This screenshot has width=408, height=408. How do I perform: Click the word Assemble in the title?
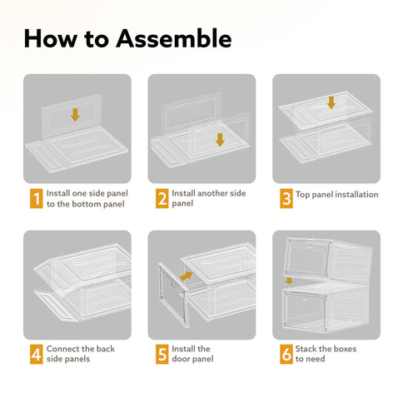pos(174,38)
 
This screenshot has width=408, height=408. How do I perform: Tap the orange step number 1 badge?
pos(37,198)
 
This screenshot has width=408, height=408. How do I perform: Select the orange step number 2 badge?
pos(162,198)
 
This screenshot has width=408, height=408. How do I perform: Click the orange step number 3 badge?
pos(286,198)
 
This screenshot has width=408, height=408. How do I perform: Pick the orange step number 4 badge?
pos(37,354)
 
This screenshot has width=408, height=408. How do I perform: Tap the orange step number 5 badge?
pos(162,354)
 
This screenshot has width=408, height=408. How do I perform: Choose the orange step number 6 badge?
pos(286,354)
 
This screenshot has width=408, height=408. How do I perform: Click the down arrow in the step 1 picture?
pos(75,115)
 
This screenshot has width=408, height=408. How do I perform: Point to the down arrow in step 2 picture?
pos(220,140)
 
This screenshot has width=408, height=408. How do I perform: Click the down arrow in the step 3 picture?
pos(331,102)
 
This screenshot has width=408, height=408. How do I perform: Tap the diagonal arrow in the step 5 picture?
pos(187,276)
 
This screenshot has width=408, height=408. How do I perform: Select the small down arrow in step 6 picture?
pos(289,281)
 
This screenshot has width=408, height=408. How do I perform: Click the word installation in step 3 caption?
pos(358,194)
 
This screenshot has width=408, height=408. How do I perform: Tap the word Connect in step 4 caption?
pos(62,349)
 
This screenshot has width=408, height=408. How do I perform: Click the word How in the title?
pos(51,38)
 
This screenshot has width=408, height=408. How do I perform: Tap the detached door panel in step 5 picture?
pos(172,295)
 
